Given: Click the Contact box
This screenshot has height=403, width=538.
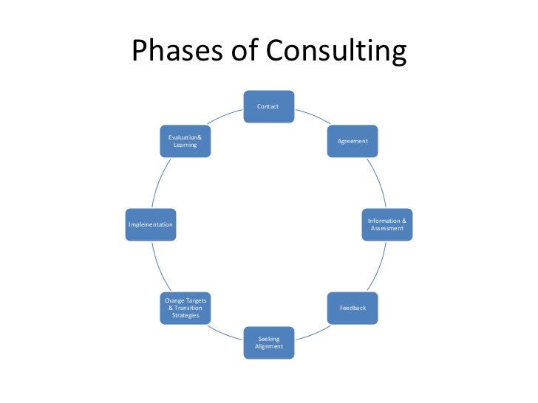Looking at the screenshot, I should pyautogui.click(x=269, y=106).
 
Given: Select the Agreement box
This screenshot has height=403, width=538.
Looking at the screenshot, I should pyautogui.click(x=353, y=140).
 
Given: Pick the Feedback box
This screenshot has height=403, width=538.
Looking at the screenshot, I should pyautogui.click(x=353, y=307).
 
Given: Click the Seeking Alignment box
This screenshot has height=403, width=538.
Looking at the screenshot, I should pyautogui.click(x=269, y=342).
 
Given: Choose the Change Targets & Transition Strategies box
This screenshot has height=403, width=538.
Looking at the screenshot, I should pyautogui.click(x=185, y=307).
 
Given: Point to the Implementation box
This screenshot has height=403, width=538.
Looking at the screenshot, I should pyautogui.click(x=151, y=224).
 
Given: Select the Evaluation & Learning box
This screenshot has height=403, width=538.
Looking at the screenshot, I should pyautogui.click(x=185, y=140).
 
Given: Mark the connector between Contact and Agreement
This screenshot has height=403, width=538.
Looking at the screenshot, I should pyautogui.click(x=313, y=117).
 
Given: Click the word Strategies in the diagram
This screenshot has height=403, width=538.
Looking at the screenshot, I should pyautogui.click(x=185, y=315).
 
